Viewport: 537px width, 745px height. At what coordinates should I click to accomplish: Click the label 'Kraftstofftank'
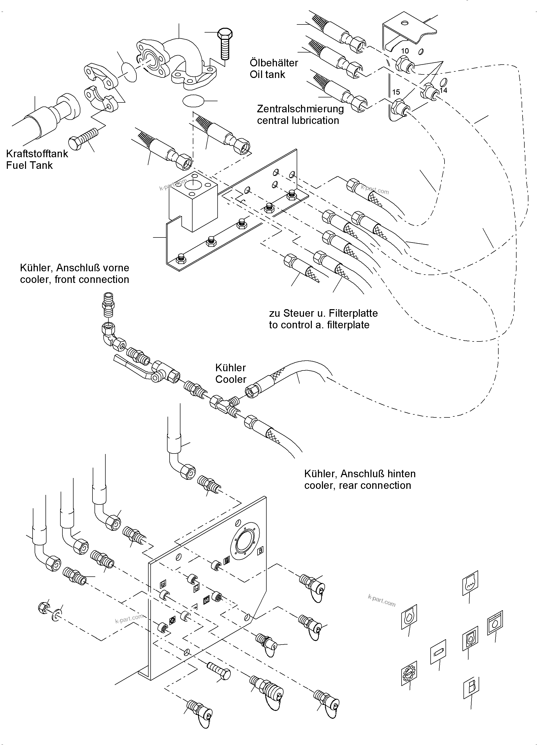pyautogui.click(x=37, y=153)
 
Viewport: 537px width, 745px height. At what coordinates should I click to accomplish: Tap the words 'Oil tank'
pyautogui.click(x=267, y=74)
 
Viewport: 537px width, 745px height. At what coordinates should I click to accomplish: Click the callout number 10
pyautogui.click(x=405, y=51)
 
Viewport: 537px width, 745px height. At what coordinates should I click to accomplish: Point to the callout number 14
pyautogui.click(x=443, y=90)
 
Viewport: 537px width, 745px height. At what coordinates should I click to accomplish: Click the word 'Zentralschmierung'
pyautogui.click(x=300, y=109)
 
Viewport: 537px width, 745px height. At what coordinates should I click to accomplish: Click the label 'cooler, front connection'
pyautogui.click(x=74, y=280)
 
